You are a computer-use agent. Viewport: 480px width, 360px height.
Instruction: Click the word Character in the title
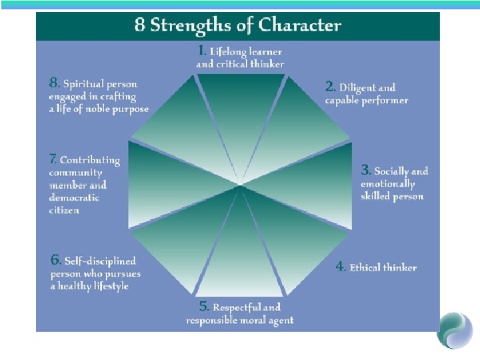[300, 26]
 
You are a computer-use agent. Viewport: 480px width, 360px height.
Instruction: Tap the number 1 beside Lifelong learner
[202, 50]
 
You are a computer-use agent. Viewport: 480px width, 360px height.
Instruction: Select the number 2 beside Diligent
[330, 87]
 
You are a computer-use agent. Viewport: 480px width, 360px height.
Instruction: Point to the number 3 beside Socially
[365, 171]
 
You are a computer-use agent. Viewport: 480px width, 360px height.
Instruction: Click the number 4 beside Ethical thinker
[340, 267]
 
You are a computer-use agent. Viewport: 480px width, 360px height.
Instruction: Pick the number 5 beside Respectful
[205, 307]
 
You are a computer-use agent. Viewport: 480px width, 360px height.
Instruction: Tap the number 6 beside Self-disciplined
[56, 260]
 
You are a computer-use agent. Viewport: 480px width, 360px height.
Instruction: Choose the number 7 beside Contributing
[53, 160]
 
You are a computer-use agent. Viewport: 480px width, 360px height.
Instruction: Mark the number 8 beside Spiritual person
[54, 84]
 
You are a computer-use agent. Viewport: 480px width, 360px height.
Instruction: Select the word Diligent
[359, 87]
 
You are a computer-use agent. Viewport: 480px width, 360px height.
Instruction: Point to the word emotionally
[387, 184]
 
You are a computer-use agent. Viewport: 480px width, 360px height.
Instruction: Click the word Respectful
[237, 307]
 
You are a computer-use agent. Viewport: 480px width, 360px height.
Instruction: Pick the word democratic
[74, 198]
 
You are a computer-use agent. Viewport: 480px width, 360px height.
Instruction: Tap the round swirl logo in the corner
[455, 329]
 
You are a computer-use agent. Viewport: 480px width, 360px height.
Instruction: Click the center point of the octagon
[241, 184]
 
